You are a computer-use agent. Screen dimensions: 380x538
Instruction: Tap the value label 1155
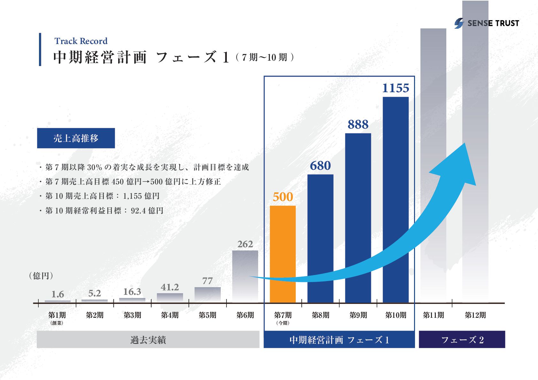coord(396,88)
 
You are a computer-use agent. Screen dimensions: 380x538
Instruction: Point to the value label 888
coord(358,124)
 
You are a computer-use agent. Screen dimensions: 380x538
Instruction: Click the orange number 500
coord(283,197)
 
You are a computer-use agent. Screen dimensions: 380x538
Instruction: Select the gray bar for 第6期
coord(245,276)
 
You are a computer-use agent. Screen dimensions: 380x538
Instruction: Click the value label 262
coord(245,244)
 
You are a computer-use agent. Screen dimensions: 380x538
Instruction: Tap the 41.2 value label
coord(170,287)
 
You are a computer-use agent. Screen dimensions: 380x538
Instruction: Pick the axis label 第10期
coord(396,315)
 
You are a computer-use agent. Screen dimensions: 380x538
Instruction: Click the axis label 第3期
coord(132,315)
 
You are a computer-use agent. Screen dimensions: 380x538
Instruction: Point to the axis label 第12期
coord(475,315)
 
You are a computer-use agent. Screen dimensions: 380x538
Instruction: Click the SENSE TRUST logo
coord(487,23)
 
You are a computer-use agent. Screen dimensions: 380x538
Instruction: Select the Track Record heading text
coord(81,41)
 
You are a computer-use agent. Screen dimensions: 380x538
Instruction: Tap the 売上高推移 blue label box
coord(76,138)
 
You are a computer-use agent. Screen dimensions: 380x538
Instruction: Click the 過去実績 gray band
coord(148,339)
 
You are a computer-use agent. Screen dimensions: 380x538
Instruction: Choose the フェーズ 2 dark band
coord(462,339)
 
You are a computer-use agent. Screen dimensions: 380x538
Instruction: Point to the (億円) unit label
coord(41,276)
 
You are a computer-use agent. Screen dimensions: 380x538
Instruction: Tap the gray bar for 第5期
coord(207,294)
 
